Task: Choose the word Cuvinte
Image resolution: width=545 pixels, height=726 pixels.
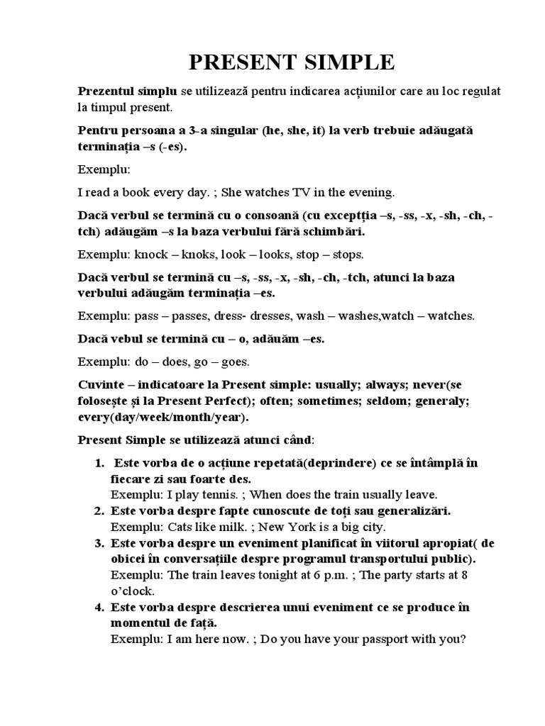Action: point(99,385)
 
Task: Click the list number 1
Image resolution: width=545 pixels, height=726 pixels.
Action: point(99,464)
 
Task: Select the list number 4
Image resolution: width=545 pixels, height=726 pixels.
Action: point(99,607)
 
